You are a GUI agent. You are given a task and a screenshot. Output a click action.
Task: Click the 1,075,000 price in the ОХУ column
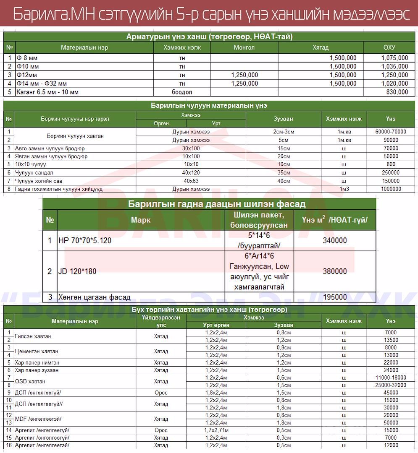click(x=394, y=58)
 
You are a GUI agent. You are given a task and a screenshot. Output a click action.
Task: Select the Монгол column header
click(x=244, y=47)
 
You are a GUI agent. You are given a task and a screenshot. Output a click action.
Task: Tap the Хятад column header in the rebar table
click(x=321, y=47)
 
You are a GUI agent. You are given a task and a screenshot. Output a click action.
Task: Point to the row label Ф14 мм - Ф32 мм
click(x=42, y=83)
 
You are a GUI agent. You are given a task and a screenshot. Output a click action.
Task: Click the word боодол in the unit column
click(x=182, y=92)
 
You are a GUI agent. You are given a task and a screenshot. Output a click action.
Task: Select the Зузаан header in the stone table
click(x=283, y=119)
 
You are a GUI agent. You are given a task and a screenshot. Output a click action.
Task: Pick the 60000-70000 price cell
click(x=391, y=132)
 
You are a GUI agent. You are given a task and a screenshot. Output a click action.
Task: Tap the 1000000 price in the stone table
click(x=391, y=189)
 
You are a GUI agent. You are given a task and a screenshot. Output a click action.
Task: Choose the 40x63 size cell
click(x=191, y=181)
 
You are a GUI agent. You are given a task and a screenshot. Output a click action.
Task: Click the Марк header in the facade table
click(x=140, y=220)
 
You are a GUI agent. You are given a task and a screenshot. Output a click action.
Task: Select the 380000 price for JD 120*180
click(x=335, y=271)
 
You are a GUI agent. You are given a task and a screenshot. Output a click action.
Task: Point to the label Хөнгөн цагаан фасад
click(x=95, y=297)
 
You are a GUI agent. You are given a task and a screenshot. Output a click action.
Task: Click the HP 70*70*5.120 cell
click(x=85, y=241)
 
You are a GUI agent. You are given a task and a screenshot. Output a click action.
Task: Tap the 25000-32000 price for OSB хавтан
click(x=391, y=385)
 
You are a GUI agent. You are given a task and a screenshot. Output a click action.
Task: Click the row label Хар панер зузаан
click(x=37, y=370)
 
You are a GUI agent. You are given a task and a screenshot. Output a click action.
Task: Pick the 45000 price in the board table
click(x=391, y=393)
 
